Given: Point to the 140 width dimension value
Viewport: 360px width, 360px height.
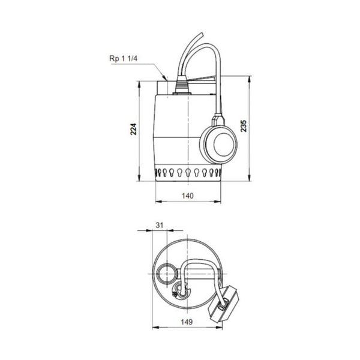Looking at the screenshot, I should pos(188,196).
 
